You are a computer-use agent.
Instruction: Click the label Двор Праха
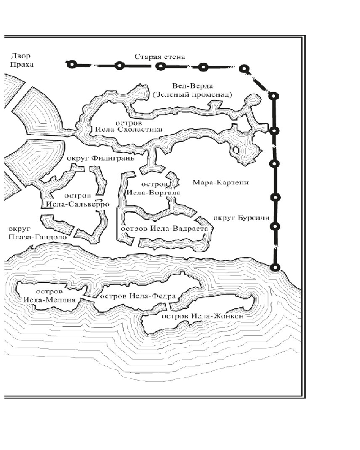pyautogui.click(x=22, y=60)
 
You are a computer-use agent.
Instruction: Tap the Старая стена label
pyautogui.click(x=160, y=57)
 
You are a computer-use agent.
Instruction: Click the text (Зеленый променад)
pyautogui.click(x=192, y=94)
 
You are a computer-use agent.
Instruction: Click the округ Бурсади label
pyautogui.click(x=241, y=218)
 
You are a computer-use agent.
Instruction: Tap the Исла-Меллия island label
pyautogui.click(x=50, y=296)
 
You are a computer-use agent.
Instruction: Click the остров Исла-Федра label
pyautogui.click(x=137, y=296)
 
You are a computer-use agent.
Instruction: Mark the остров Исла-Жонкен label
pyautogui.click(x=202, y=316)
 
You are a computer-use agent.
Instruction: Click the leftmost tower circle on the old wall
pyautogui.click(x=72, y=65)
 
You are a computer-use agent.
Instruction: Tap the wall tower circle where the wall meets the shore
pyautogui.click(x=274, y=267)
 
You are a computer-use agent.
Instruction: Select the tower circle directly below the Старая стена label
pyautogui.click(x=161, y=66)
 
